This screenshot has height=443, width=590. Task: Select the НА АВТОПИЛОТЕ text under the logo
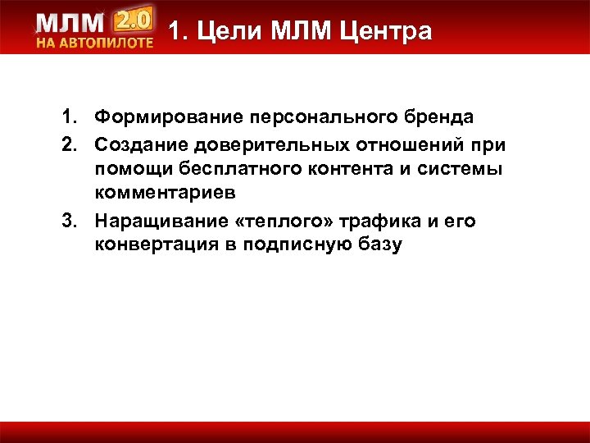tap(94, 43)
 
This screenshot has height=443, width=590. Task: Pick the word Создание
tap(143, 144)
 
